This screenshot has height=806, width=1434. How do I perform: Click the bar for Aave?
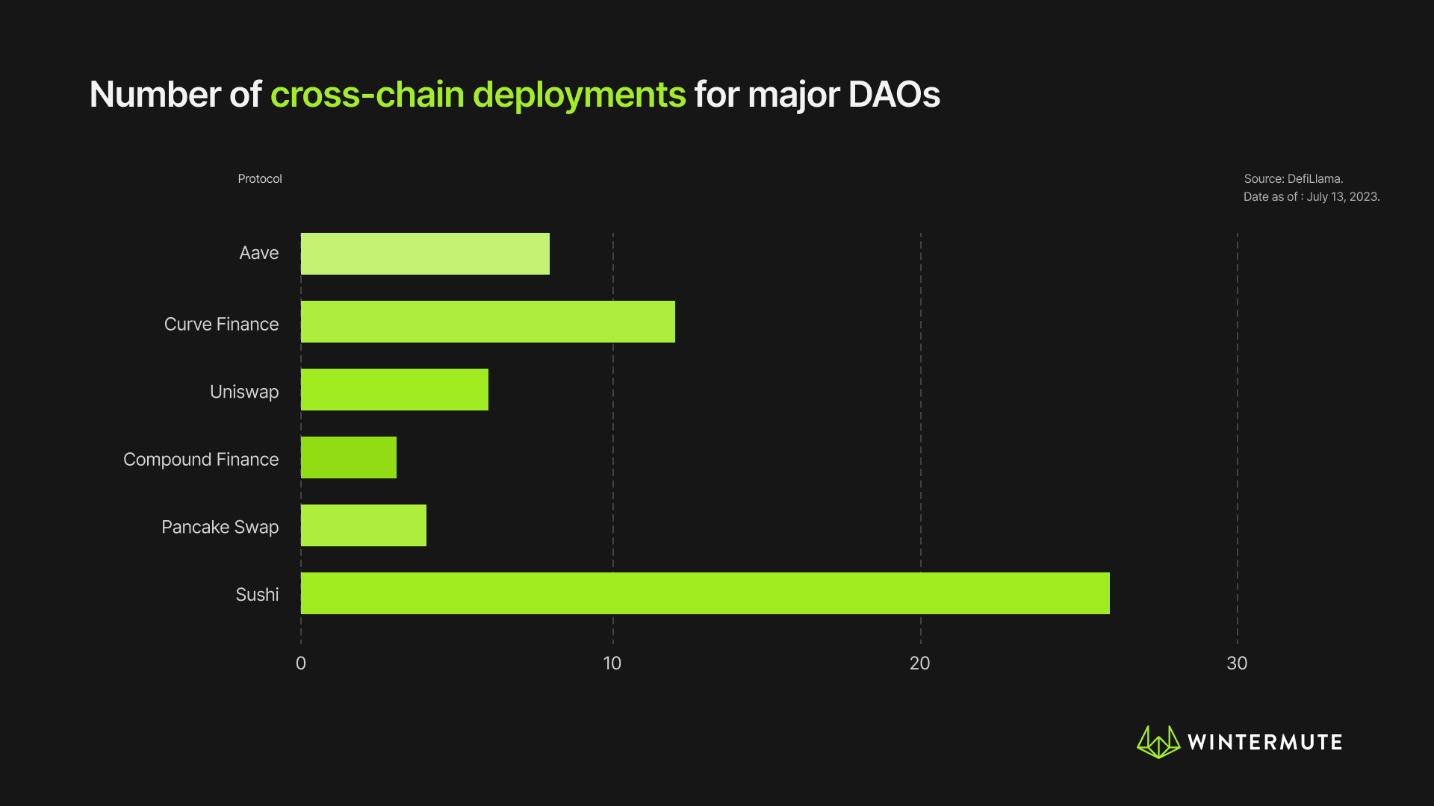(x=425, y=254)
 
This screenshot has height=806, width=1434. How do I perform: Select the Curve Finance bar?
(x=488, y=322)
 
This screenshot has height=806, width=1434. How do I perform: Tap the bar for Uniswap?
(x=394, y=390)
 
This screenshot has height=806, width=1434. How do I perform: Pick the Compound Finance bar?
(x=348, y=457)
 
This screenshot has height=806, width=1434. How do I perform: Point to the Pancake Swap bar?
(x=363, y=525)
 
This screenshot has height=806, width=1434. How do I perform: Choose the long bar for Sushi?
(x=705, y=593)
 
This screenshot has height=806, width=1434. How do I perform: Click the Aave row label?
(x=258, y=253)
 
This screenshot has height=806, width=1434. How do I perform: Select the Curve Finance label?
(x=221, y=324)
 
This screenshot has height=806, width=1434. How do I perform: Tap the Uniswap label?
(x=244, y=392)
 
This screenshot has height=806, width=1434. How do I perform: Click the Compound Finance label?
(x=201, y=460)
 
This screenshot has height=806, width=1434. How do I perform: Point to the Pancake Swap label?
(x=220, y=527)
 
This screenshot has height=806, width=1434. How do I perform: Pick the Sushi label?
(x=257, y=595)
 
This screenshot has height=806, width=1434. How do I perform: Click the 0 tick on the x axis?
(x=301, y=663)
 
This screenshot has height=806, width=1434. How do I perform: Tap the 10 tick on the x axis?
(x=612, y=663)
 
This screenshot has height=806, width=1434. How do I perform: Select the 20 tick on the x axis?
(x=920, y=663)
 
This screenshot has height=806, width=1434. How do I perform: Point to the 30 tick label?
(x=1237, y=663)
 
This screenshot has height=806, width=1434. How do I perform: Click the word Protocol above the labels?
(x=260, y=179)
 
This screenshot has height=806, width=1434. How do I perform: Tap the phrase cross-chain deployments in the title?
(x=478, y=95)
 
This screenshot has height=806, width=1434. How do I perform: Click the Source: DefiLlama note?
(x=1294, y=179)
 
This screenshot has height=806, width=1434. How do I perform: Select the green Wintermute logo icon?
(x=1158, y=742)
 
